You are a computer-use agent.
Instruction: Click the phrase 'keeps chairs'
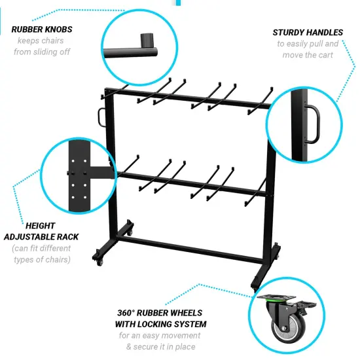[43, 41]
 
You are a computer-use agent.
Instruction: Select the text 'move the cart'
[307, 54]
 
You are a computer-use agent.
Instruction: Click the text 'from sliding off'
[43, 52]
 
